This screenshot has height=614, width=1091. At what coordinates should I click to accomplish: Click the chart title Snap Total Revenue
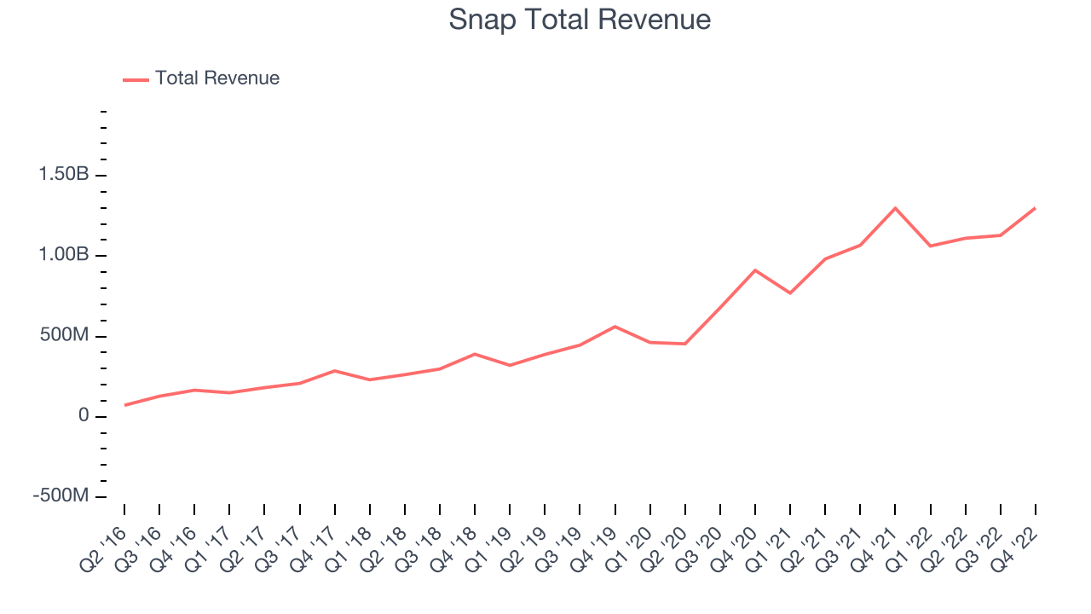(x=580, y=20)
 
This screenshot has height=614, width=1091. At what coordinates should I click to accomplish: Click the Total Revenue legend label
(x=217, y=78)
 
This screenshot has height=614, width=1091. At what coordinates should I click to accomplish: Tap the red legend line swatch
(x=136, y=80)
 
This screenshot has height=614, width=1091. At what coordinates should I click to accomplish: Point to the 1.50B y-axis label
(x=64, y=173)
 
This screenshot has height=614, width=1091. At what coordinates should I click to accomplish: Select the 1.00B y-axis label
(x=64, y=254)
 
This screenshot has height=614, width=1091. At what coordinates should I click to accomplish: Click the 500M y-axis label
(x=64, y=335)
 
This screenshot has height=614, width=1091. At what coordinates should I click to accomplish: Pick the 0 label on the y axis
(x=84, y=415)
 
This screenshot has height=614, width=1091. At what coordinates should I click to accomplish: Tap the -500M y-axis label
(x=61, y=495)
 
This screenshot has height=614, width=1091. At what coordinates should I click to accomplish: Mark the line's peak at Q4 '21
(x=895, y=209)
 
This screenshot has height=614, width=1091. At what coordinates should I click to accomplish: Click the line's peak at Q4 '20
(x=755, y=270)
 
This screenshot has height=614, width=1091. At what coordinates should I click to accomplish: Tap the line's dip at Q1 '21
(x=790, y=293)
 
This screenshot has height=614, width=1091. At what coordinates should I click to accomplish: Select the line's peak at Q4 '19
(x=615, y=327)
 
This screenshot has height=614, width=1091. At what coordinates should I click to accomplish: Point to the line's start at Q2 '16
(x=124, y=405)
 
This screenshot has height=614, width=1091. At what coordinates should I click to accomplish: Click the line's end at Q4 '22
(x=1035, y=209)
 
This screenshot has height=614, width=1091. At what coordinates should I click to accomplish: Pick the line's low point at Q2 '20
(x=685, y=344)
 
